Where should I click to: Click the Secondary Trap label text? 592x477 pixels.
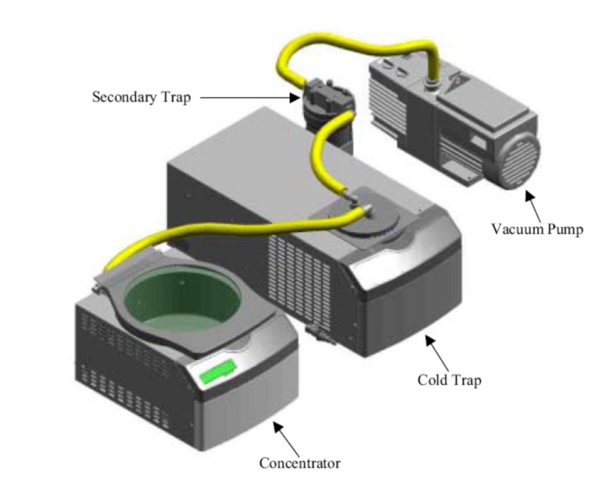[x=142, y=97]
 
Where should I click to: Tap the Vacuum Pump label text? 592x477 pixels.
[x=538, y=229]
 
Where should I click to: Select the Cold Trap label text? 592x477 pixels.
[x=449, y=380]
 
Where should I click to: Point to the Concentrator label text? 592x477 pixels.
[x=300, y=463]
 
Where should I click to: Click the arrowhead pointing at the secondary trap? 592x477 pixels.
[x=295, y=98]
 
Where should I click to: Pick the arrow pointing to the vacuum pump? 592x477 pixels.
[x=533, y=205]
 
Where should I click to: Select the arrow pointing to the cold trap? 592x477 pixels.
[x=437, y=353]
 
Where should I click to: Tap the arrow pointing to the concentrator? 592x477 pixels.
[x=285, y=439]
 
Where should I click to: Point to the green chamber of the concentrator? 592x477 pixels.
[x=183, y=298]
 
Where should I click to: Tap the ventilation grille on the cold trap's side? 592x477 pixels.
[x=299, y=275]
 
